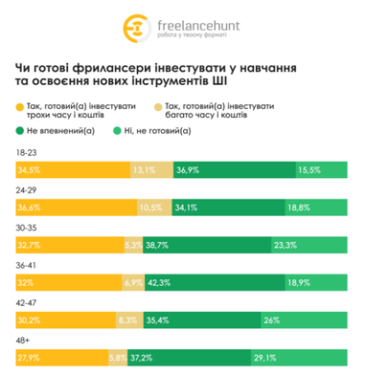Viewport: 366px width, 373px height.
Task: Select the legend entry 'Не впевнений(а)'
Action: [x=59, y=130]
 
